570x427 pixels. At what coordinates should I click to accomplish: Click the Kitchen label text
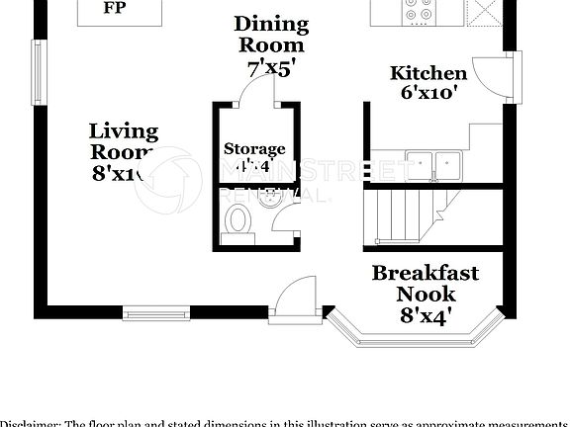(428, 73)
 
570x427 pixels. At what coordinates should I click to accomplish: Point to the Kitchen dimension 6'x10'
(428, 94)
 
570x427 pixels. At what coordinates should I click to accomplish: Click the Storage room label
(253, 148)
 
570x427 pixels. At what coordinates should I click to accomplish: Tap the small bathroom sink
(267, 199)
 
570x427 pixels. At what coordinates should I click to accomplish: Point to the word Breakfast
(425, 273)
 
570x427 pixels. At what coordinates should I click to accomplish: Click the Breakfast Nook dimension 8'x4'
(425, 316)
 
